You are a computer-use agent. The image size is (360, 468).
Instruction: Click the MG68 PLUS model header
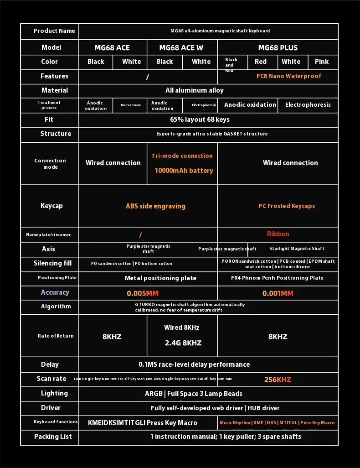coord(278,47)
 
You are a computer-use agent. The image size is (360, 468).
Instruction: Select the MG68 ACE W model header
coord(181,47)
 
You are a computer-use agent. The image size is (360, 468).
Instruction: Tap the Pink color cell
coord(322,62)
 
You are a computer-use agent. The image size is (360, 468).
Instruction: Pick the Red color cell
coord(261,62)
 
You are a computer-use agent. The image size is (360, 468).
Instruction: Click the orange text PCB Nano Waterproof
coord(288,76)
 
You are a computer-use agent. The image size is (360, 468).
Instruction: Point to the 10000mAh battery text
coord(184,171)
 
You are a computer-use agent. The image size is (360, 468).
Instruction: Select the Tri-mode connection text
coord(182,156)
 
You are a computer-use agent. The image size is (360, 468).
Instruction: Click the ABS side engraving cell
coord(155,206)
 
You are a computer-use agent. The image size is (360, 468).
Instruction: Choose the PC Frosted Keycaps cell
coord(287,206)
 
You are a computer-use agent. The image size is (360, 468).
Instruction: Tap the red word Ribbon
coord(278,234)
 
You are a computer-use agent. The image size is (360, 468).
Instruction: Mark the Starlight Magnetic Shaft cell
coord(297,249)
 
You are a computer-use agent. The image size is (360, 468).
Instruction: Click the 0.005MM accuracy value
coord(143,293)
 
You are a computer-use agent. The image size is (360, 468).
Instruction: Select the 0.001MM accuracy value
coord(278,293)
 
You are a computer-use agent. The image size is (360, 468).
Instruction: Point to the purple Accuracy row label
coord(55,292)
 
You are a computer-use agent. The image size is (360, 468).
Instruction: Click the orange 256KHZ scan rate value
coord(278,380)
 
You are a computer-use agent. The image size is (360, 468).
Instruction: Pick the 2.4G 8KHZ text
coord(183,343)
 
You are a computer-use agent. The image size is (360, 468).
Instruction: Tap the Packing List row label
coord(53,437)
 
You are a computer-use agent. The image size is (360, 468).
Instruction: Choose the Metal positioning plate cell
coord(160,278)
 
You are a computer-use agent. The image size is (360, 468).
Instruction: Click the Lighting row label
coord(54,393)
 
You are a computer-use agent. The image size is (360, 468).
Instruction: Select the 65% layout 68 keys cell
coord(200,120)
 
